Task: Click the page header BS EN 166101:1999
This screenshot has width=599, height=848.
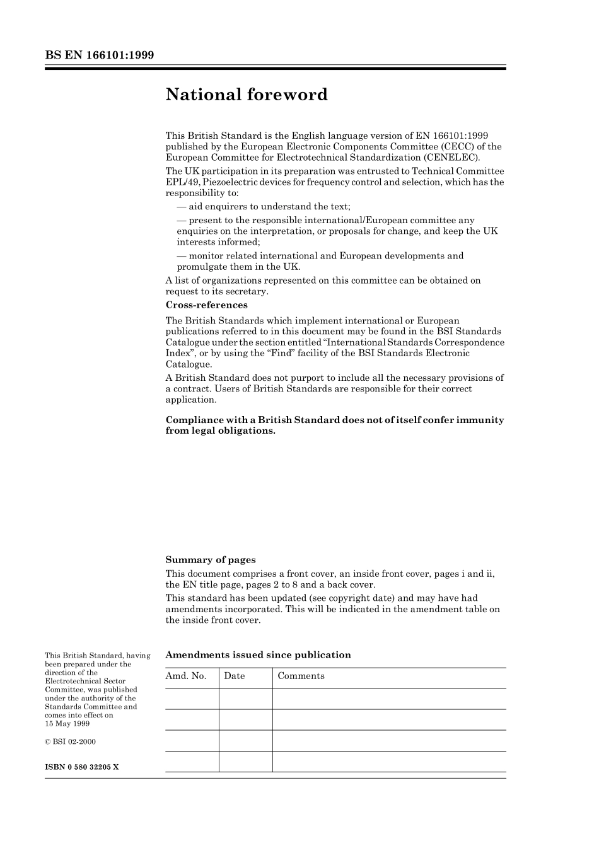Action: pos(100,55)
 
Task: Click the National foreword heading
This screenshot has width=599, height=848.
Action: pos(247,95)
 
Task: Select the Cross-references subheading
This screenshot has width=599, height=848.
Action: pos(206,305)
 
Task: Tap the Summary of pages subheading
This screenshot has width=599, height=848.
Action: pos(211,560)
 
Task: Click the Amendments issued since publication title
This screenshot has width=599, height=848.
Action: pos(258,655)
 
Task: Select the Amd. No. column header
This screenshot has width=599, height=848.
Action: pos(186,676)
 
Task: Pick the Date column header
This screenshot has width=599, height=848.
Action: pos(234,676)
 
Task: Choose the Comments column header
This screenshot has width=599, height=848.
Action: pos(301,676)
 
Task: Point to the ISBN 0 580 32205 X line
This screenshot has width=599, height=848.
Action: pos(82,767)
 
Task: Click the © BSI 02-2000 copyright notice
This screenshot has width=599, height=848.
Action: pos(71,741)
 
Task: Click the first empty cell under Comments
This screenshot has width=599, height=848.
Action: pos(389,699)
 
